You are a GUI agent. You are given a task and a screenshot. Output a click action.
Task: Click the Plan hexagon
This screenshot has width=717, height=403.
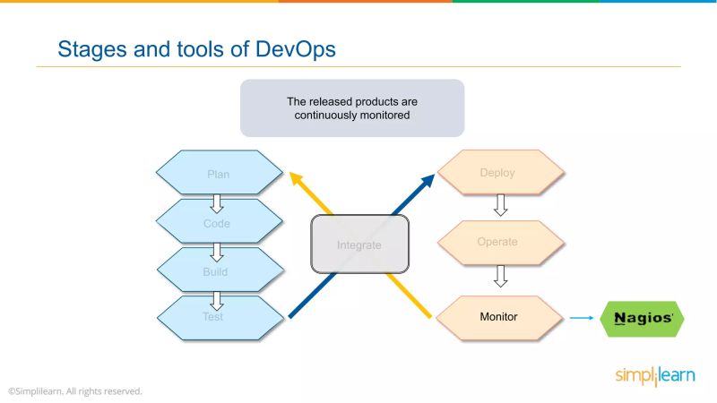click(x=219, y=174)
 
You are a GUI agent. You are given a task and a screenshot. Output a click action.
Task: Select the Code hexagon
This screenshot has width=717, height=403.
click(x=219, y=223)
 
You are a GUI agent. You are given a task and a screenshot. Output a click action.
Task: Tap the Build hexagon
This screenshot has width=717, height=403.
click(x=219, y=271)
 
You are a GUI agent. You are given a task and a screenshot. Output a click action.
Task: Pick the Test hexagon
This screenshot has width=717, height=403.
click(x=219, y=317)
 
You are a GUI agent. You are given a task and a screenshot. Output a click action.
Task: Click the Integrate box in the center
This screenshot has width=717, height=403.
click(x=359, y=244)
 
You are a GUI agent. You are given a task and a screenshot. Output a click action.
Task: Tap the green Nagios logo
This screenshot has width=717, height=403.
click(x=641, y=317)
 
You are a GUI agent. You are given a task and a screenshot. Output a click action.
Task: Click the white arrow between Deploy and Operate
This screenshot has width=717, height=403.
click(x=501, y=207)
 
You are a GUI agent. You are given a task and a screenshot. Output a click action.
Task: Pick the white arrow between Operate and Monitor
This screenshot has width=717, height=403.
click(x=501, y=278)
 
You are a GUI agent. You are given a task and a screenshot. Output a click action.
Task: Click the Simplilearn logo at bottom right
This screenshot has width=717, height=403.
click(x=654, y=376)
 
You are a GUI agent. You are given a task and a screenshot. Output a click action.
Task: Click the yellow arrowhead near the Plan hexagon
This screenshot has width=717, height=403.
click(x=292, y=176)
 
